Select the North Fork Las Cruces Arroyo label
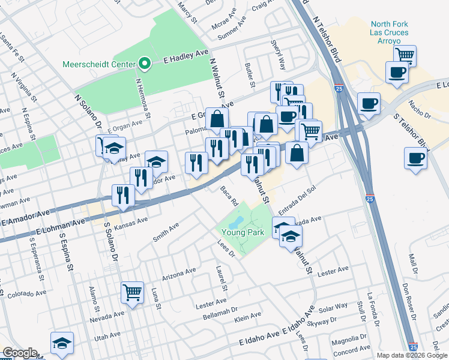tap(389, 32)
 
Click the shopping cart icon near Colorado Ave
tap(132, 293)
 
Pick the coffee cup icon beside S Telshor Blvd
tap(415, 160)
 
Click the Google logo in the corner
tap(19, 353)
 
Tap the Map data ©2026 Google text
tap(412, 355)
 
